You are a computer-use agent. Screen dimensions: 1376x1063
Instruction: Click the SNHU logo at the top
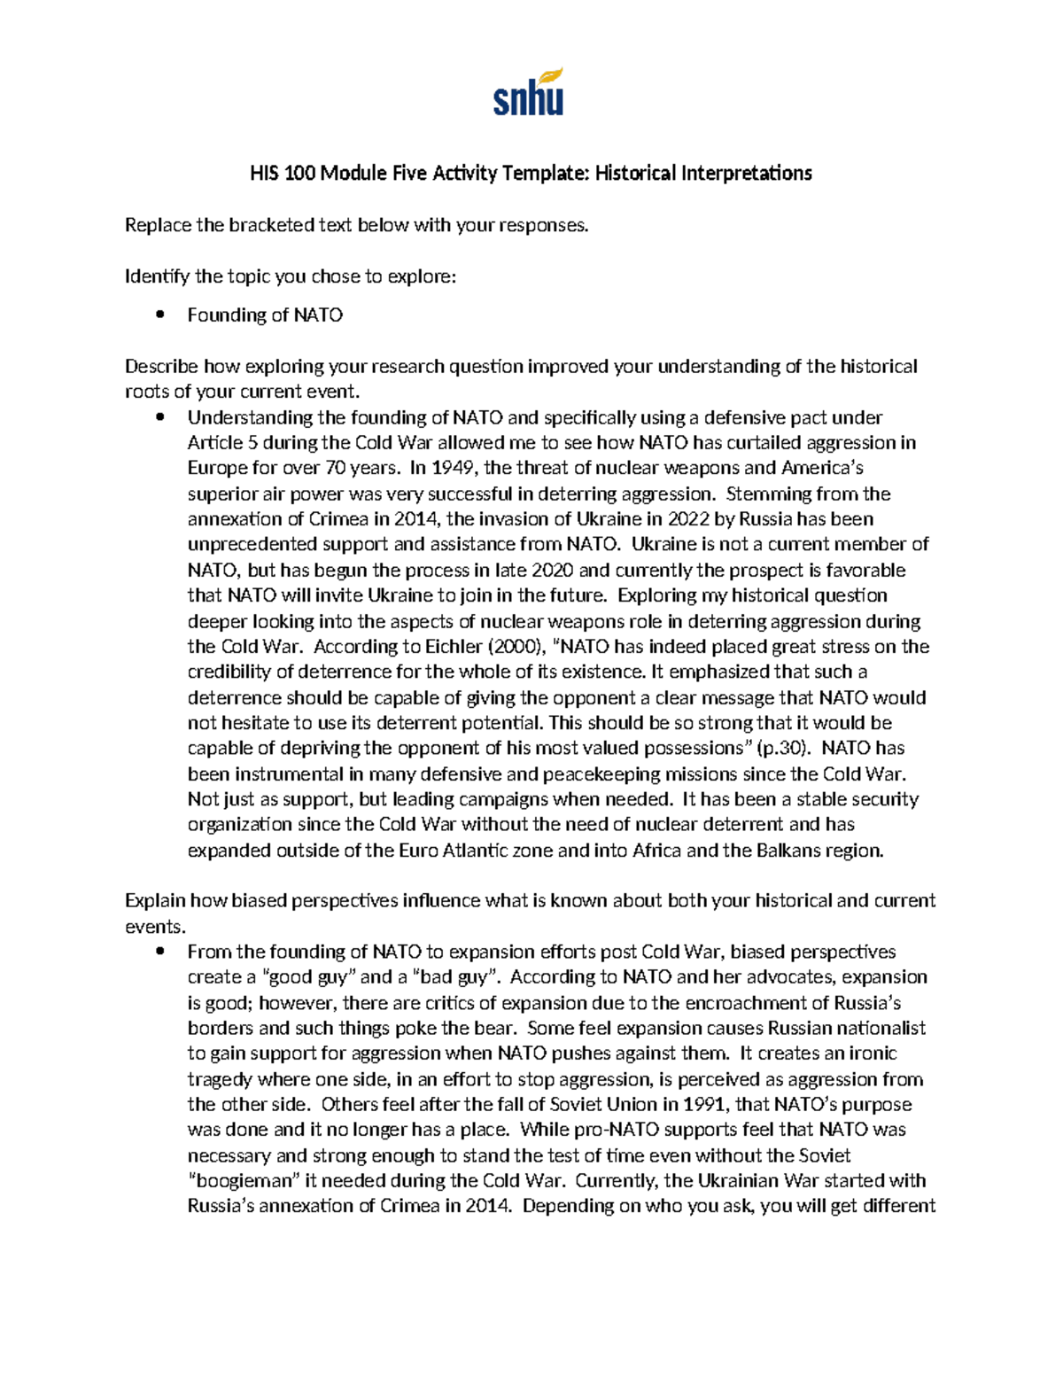point(529,92)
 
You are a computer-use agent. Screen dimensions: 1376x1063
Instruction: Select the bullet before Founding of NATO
point(159,315)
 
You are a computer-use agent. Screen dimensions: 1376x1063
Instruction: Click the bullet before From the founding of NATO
point(159,952)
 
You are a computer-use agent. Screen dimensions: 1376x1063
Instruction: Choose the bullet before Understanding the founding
point(159,417)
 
